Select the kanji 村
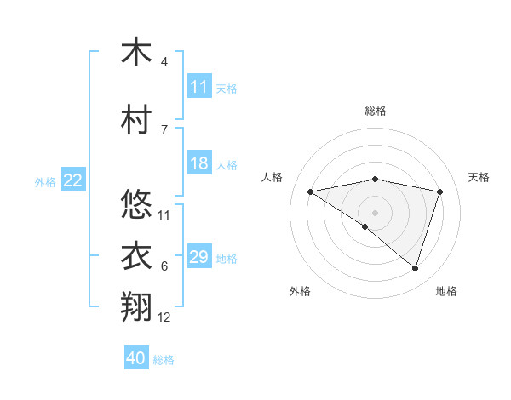(x=136, y=119)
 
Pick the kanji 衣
(x=136, y=255)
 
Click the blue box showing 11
(x=199, y=87)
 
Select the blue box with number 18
(x=199, y=163)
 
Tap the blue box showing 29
(x=199, y=257)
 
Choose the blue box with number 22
(x=73, y=180)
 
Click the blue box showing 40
(x=136, y=358)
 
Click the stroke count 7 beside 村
(x=164, y=129)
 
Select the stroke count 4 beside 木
(x=164, y=62)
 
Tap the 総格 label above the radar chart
(x=375, y=111)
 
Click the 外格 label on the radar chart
(x=300, y=291)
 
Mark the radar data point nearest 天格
(x=440, y=191)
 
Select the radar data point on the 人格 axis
(x=310, y=191)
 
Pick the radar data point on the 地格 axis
(x=415, y=268)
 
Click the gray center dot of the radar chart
(x=375, y=212)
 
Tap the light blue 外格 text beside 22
(x=45, y=181)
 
